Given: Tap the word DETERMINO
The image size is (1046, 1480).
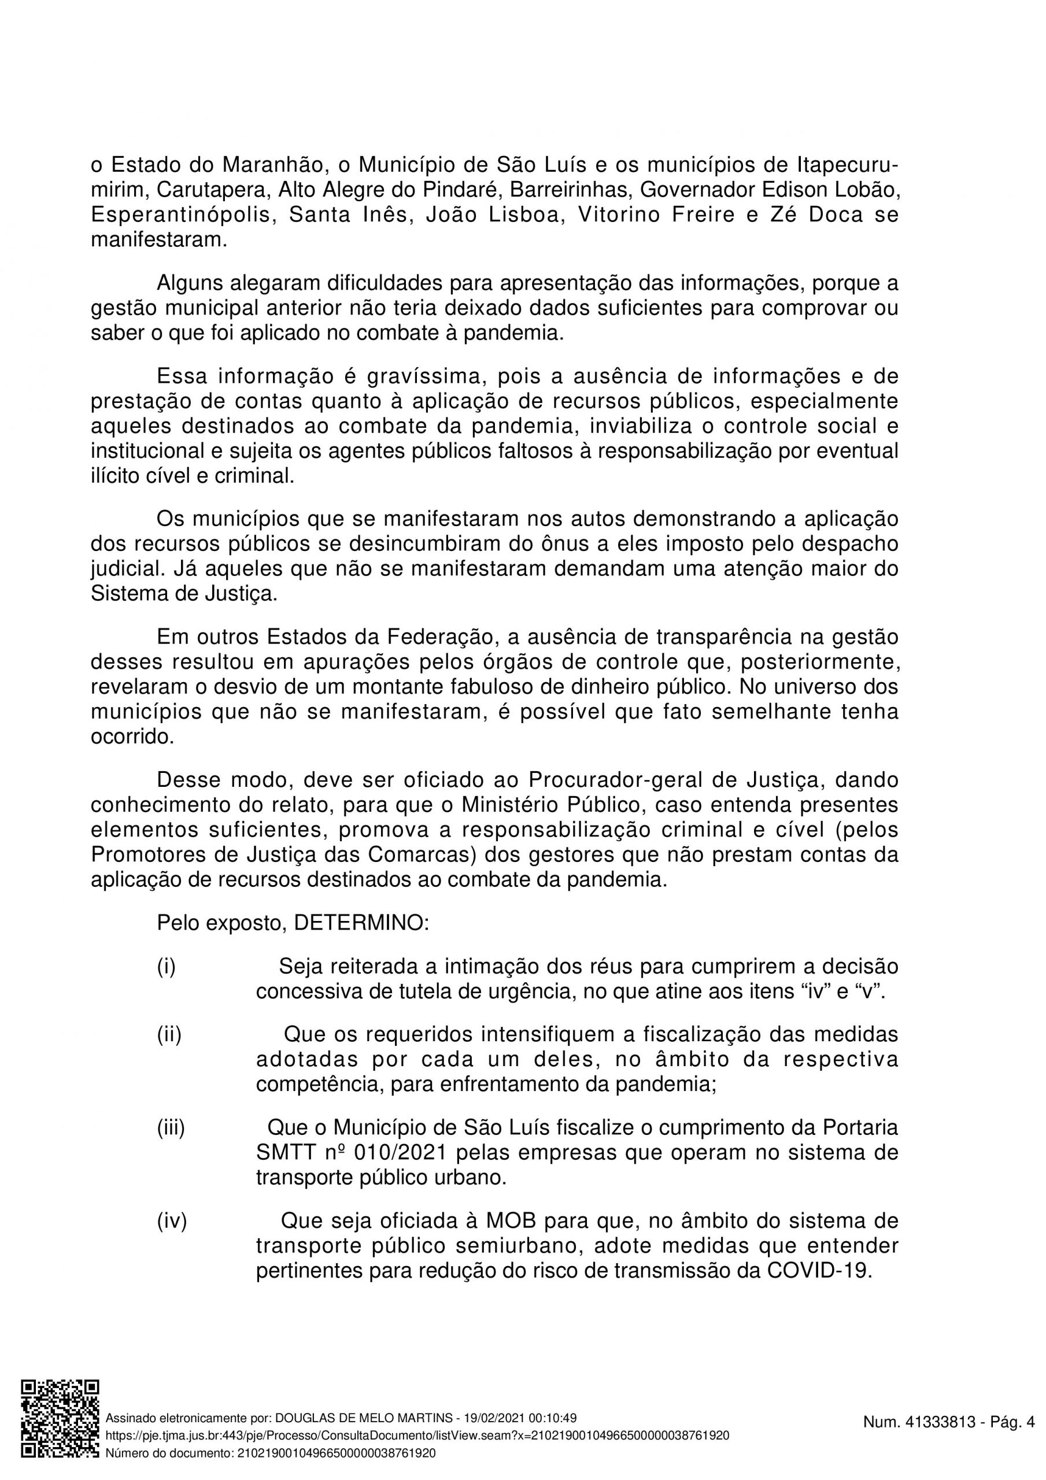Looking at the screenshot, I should tap(361, 924).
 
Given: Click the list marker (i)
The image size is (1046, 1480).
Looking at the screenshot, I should tap(167, 967).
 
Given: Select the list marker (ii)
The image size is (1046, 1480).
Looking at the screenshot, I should tap(169, 1035).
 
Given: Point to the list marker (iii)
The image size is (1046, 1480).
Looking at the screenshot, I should tap(171, 1127).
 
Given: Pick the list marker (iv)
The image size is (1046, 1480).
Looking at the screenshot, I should tap(172, 1221).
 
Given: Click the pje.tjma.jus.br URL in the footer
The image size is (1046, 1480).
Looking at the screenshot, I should tap(417, 1435).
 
